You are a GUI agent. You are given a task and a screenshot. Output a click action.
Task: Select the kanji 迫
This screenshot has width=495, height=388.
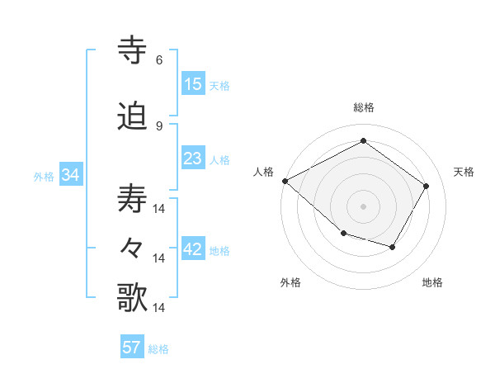point(133,117)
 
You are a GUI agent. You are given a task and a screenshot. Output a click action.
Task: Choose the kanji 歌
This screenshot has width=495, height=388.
point(133,297)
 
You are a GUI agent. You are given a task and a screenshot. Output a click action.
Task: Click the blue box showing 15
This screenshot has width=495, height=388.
point(193,84)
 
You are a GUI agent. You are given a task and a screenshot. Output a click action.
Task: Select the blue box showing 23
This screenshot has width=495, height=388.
point(193,159)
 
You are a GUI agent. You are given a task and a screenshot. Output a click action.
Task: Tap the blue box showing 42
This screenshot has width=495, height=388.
point(193,250)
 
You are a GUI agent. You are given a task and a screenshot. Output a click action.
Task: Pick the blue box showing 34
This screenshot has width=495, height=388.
point(70,175)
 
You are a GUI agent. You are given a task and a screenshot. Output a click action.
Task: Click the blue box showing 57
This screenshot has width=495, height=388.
point(132,348)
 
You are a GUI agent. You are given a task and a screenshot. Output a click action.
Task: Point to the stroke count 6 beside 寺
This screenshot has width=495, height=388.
point(159,59)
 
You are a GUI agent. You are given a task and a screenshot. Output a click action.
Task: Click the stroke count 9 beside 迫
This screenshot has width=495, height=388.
point(159,125)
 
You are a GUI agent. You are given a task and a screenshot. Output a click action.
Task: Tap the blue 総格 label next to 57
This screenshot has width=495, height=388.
point(158,349)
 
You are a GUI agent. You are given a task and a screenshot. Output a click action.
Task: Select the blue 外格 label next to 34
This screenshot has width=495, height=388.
point(44,176)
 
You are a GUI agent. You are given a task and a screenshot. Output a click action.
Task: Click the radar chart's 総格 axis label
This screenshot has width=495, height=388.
point(364,107)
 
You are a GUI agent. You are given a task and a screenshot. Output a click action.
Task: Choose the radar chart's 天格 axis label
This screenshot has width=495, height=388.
point(464,172)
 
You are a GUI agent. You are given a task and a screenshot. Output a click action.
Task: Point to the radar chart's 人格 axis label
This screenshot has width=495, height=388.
point(264,172)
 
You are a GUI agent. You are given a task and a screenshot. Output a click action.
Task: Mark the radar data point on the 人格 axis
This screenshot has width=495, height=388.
point(285,181)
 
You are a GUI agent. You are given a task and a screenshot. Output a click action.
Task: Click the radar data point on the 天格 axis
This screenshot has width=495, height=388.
point(426,187)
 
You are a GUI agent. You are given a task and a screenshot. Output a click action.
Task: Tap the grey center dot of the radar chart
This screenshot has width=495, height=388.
point(363,206)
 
